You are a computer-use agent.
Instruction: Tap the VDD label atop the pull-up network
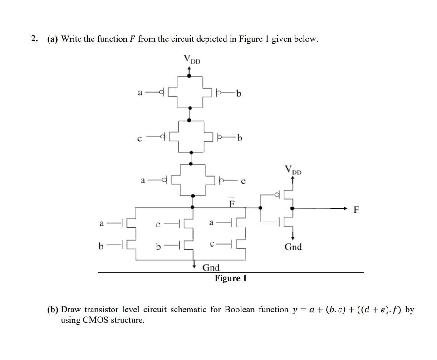[x=191, y=59]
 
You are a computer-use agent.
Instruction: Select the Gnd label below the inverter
[x=293, y=247]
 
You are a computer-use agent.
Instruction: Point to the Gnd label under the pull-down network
[x=211, y=267]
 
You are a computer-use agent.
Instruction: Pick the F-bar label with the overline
[x=231, y=203]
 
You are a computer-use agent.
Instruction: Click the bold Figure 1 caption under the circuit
[x=231, y=278]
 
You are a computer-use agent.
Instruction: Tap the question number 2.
[x=34, y=39]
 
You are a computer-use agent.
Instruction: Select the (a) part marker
[x=53, y=39]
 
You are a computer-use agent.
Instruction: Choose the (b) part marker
[x=53, y=310]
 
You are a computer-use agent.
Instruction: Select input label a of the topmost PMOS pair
[x=140, y=93]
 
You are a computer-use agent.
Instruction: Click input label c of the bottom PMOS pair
[x=243, y=182]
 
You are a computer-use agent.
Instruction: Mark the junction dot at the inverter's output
[x=292, y=208]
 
